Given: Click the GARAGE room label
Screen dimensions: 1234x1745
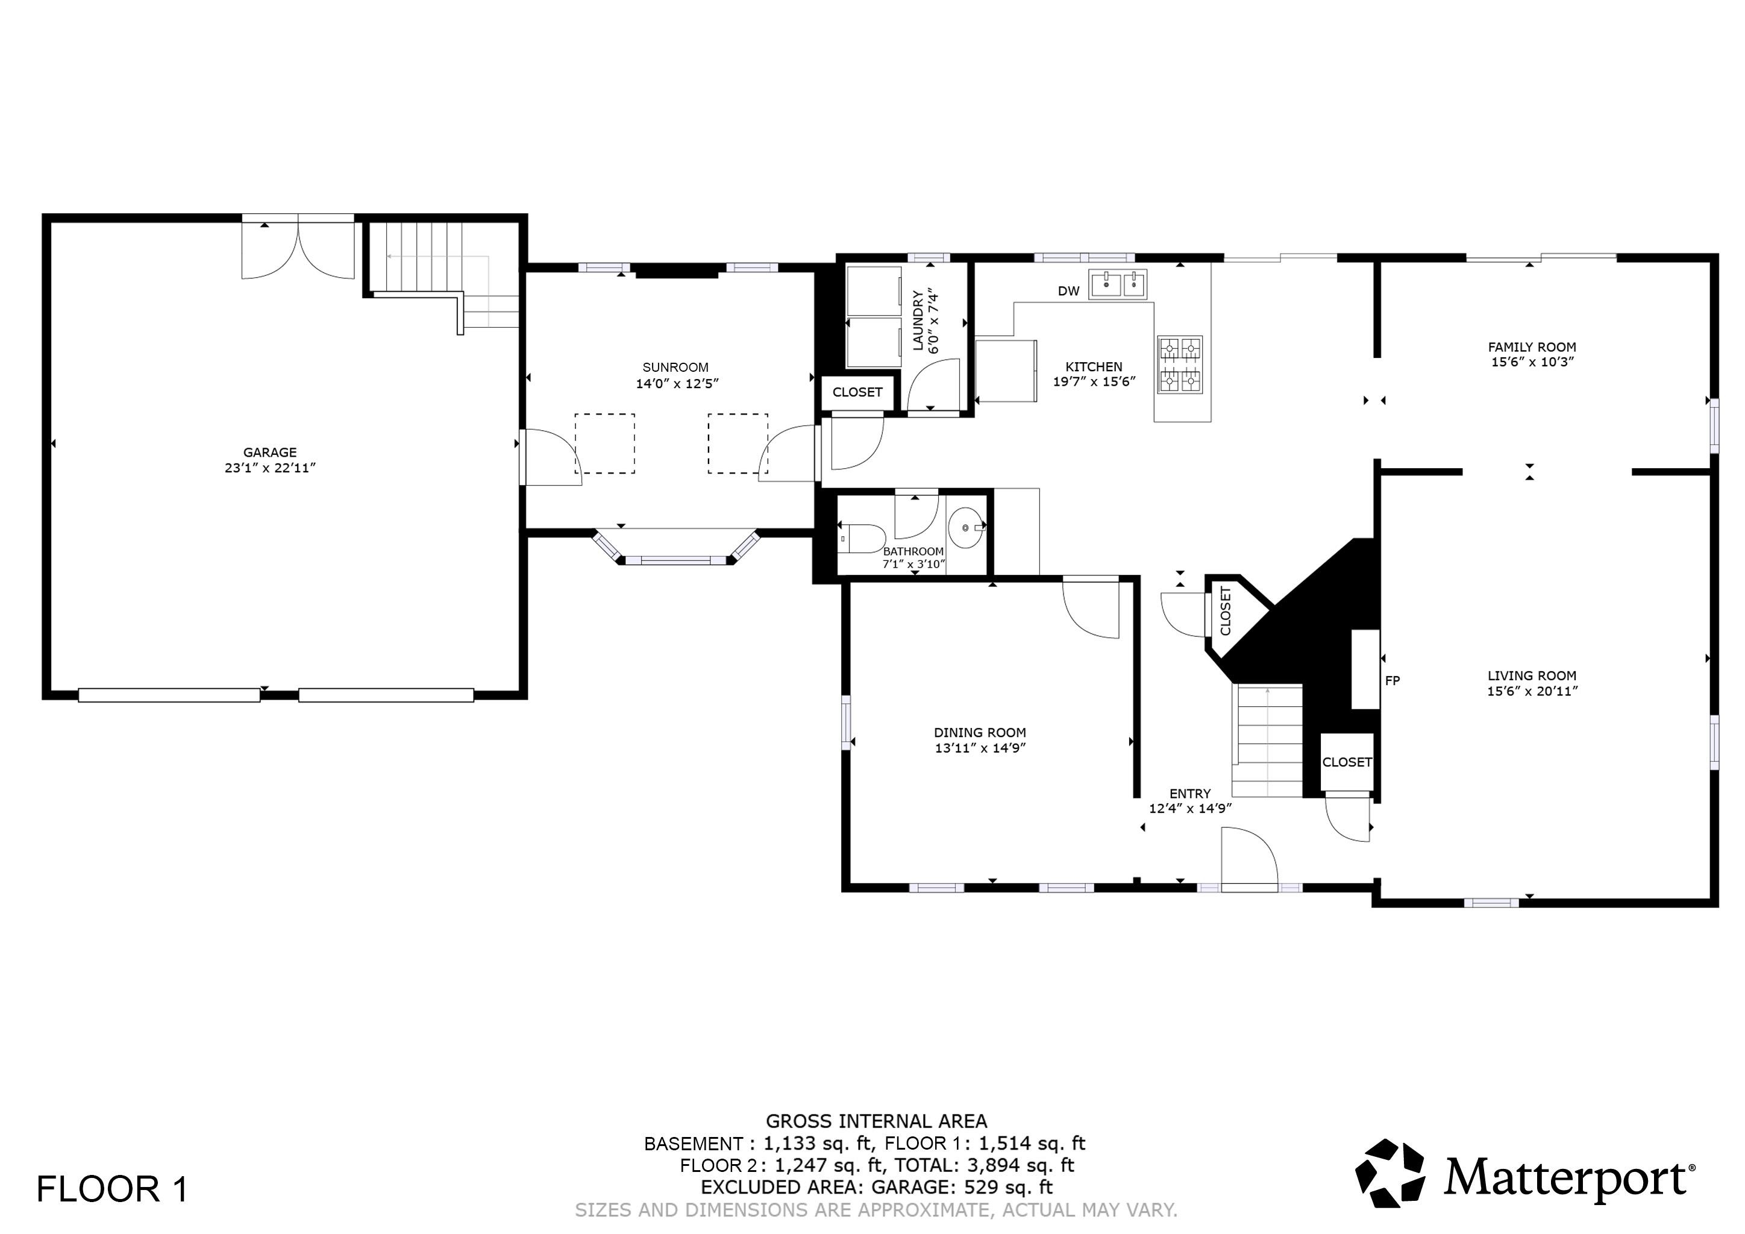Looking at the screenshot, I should click(x=270, y=452).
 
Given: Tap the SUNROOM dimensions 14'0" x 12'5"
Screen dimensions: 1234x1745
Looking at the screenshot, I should click(x=677, y=384).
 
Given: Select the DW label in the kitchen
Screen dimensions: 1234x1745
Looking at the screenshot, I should click(x=1068, y=291).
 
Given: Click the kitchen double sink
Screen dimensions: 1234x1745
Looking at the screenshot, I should click(x=1117, y=284).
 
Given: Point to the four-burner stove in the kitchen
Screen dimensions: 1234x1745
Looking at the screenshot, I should click(x=1180, y=365).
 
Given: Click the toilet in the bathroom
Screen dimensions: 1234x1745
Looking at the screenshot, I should click(x=863, y=539).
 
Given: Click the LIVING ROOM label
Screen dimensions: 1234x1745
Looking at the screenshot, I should click(x=1532, y=675).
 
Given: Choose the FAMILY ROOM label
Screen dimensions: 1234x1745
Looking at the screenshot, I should click(x=1532, y=347).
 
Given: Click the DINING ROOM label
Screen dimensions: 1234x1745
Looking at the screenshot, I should click(x=980, y=733).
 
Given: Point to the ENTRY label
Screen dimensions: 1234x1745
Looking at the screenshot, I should click(x=1189, y=794).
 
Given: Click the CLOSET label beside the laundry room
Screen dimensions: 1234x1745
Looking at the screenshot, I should click(x=857, y=392).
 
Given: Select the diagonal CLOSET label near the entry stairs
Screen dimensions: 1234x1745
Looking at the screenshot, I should click(x=1225, y=611).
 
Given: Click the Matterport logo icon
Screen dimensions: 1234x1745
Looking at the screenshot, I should click(x=1390, y=1173).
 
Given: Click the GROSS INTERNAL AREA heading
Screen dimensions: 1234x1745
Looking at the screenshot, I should click(x=876, y=1121).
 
